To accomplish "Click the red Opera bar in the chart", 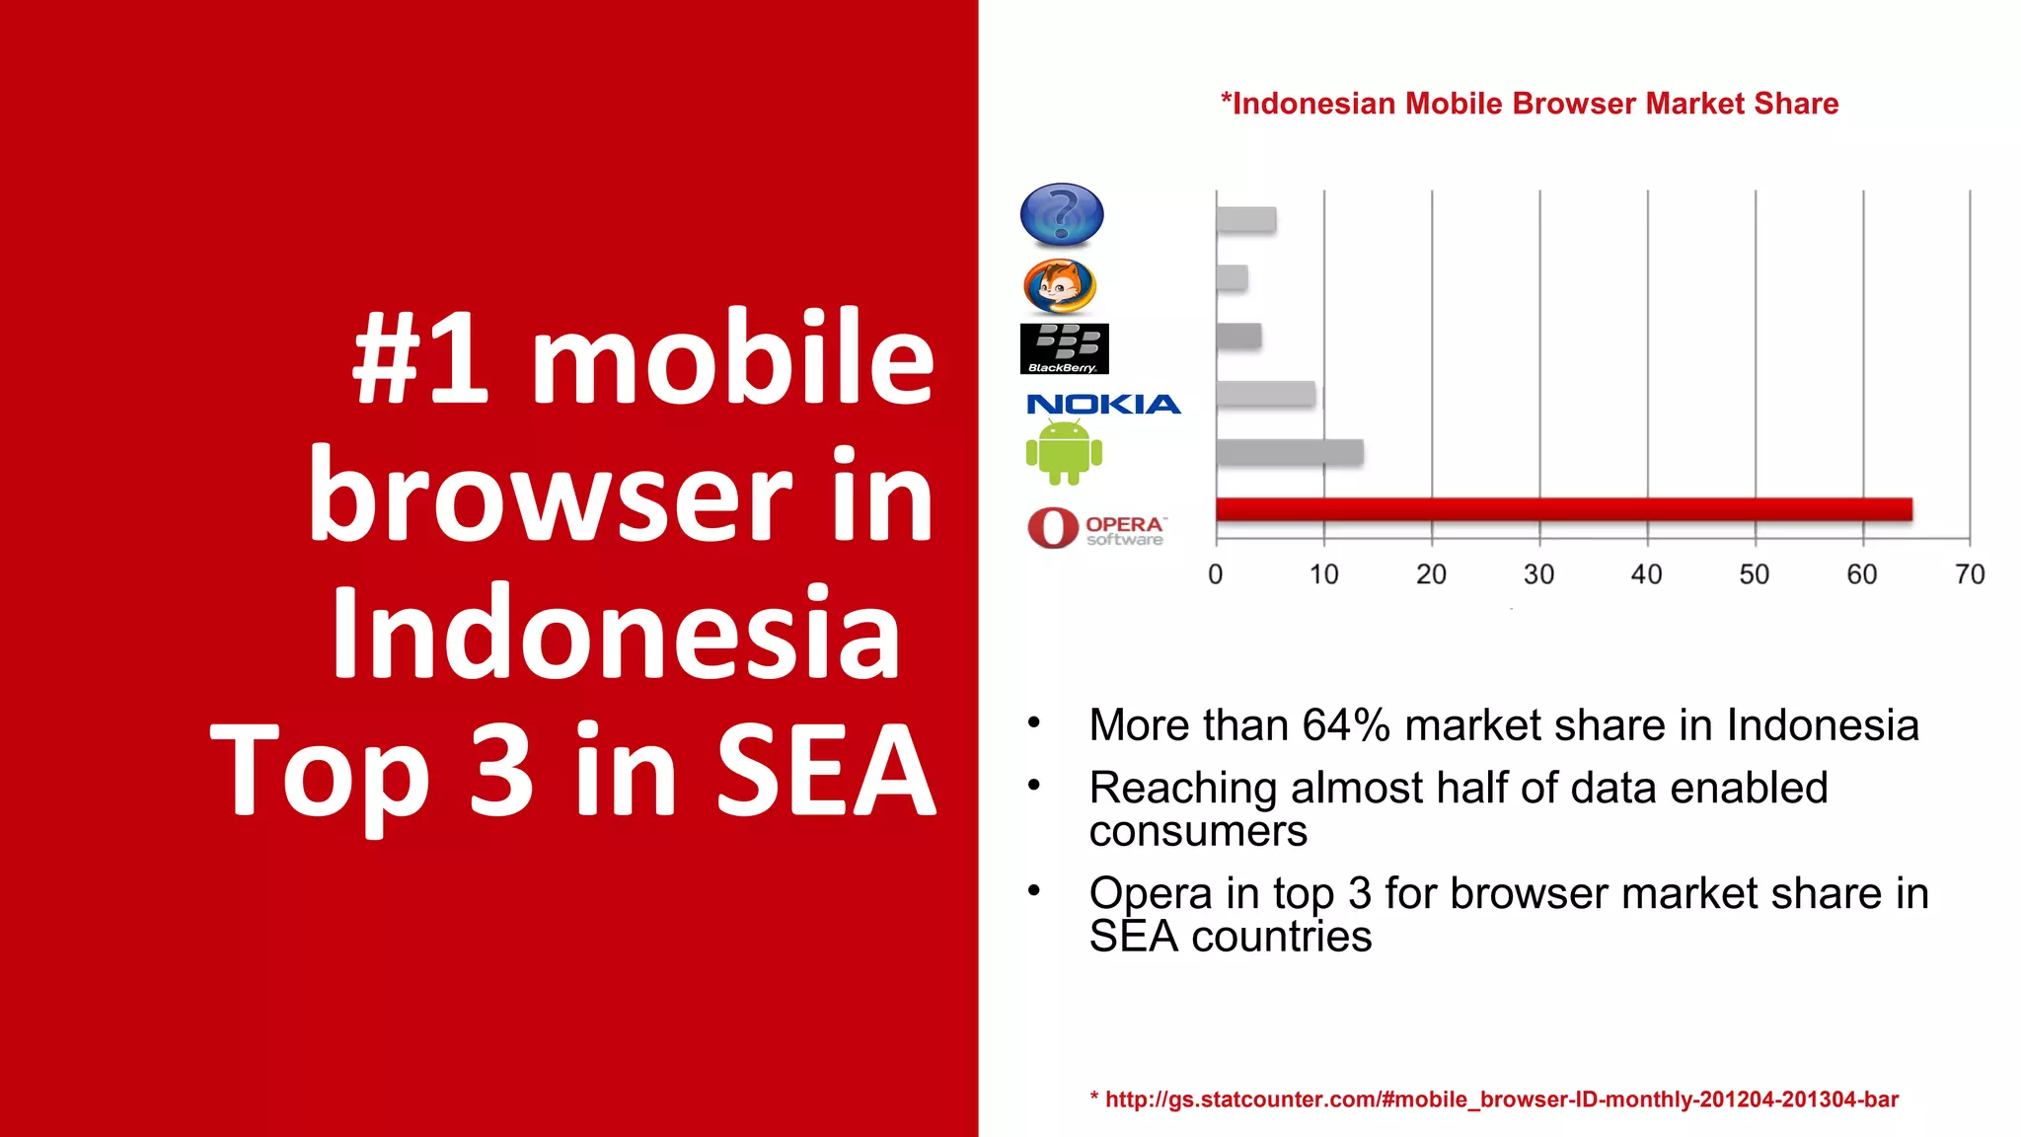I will point(1563,509).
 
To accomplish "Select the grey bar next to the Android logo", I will point(1290,452).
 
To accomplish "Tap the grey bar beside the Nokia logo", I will point(1265,394).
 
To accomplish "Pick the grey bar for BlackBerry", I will point(1238,336).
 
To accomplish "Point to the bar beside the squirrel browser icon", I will point(1232,278).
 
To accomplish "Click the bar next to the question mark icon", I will point(1245,220).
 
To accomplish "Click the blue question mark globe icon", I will point(1061,214).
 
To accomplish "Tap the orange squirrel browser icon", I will point(1059,286).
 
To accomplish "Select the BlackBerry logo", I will point(1064,348).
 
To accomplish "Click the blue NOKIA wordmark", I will point(1103,405).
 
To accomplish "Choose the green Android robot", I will point(1064,453).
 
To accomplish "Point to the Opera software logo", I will point(1096,528).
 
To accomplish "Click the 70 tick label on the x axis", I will point(1969,574).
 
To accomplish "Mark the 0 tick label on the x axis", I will point(1216,574).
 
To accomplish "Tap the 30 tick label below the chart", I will point(1538,574).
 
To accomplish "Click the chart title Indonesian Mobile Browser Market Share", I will point(1529,104).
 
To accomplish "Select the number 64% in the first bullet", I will point(1346,725).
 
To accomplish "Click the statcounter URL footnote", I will point(1494,1099).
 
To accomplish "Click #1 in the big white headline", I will point(421,357).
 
